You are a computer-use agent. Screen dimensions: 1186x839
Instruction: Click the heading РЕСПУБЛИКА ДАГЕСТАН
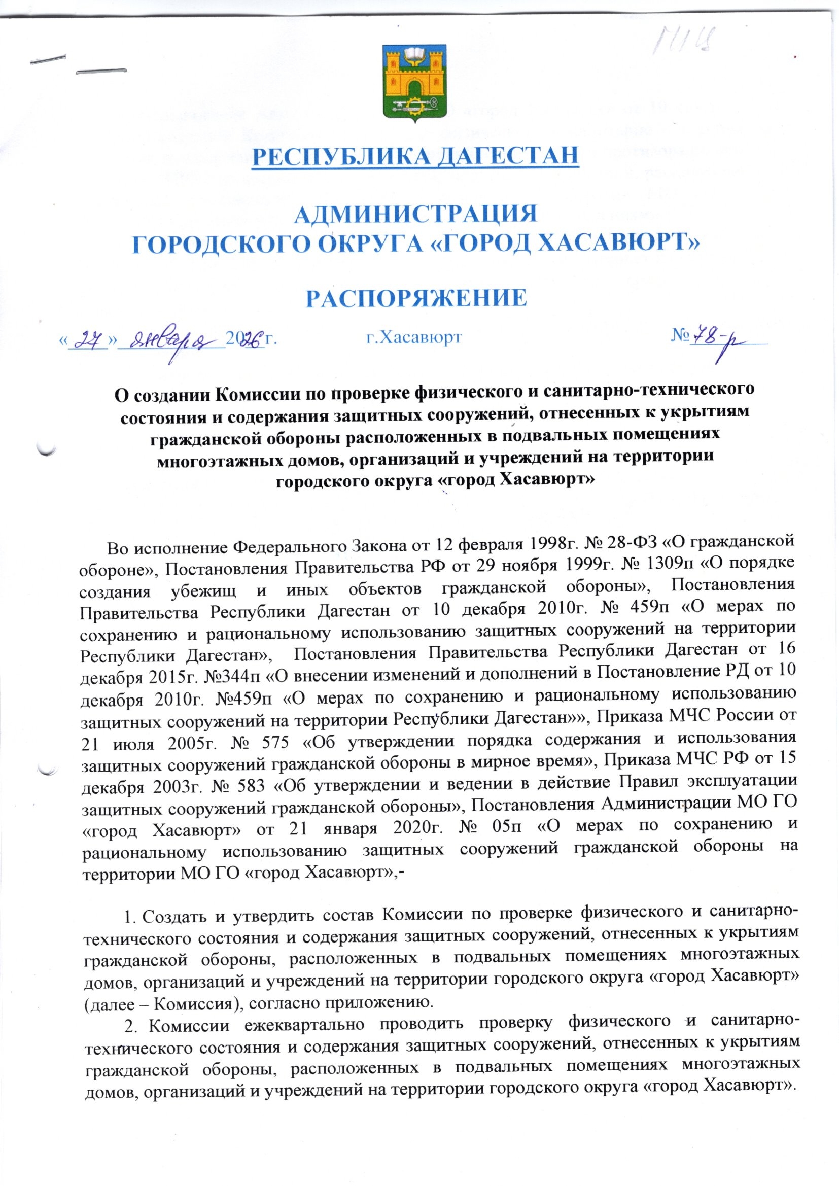click(x=415, y=156)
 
